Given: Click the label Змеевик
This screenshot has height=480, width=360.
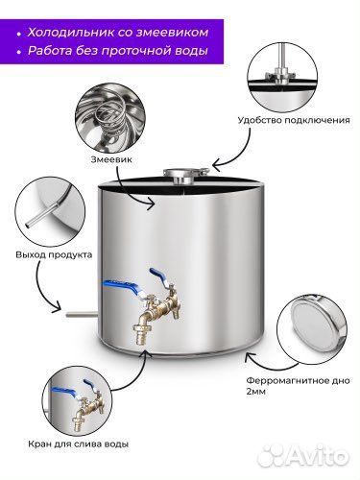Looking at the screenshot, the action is (x=111, y=159).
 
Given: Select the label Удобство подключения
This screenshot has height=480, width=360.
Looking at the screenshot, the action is (x=294, y=120).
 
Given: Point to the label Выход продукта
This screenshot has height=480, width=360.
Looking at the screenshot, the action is (x=54, y=255).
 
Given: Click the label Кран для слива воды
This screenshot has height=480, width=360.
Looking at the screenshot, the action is (x=79, y=444).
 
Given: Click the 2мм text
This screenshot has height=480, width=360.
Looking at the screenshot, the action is (x=256, y=392).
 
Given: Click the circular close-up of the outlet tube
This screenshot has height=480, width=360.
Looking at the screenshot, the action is (x=51, y=212).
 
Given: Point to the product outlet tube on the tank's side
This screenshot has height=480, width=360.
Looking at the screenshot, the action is (x=81, y=314).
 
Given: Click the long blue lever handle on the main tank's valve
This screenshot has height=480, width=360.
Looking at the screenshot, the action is (x=122, y=286).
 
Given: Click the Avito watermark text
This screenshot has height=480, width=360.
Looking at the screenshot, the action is (x=302, y=455).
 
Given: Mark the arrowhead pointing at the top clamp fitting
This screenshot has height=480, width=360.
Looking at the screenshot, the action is (x=218, y=165).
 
